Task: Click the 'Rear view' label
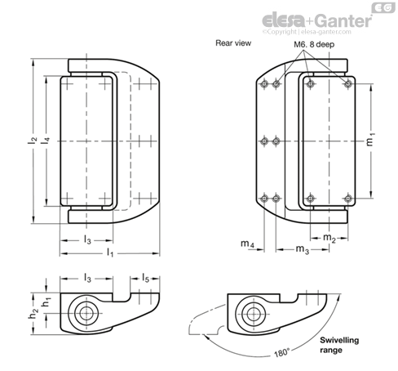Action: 233,43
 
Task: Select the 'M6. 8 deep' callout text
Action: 314,44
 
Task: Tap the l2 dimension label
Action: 33,140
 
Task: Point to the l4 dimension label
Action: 46,141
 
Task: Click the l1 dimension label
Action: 110,253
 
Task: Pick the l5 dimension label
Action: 145,278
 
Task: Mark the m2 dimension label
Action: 329,238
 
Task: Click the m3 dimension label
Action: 303,249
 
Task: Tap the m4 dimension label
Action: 247,244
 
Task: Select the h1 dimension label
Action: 46,302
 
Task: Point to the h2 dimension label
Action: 33,314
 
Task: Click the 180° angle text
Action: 281,352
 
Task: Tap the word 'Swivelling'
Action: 339,340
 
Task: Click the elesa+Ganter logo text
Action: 316,20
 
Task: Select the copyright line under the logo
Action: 307,32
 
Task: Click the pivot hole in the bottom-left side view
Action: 86,314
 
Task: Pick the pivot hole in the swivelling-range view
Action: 254,314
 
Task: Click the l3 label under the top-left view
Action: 87,239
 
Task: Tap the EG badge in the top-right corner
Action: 383,7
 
